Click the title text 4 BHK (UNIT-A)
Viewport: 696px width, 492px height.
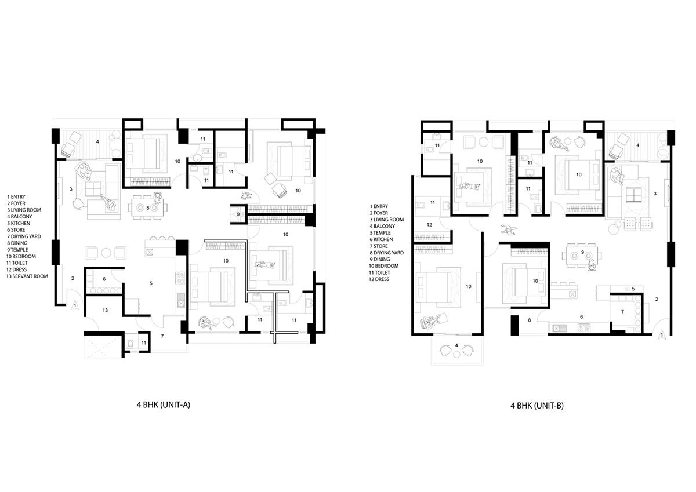pos(163,406)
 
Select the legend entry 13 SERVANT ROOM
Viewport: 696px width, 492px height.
pos(28,276)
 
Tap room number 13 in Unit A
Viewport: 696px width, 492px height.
pos(104,311)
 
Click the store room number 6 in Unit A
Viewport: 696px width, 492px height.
pos(104,279)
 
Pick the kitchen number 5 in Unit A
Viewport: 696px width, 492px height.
pos(151,283)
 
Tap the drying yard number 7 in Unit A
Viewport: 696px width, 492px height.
pos(162,336)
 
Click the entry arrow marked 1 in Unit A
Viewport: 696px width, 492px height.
pos(75,305)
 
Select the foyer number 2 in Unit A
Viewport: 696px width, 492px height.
pos(73,279)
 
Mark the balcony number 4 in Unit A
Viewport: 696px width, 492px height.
pos(97,141)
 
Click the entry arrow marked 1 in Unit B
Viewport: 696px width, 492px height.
pos(662,336)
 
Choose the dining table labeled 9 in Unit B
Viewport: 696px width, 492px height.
pos(582,253)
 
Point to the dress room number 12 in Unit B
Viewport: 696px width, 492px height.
pos(430,224)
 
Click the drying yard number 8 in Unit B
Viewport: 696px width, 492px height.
pos(530,320)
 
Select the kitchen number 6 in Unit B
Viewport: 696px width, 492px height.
pos(581,317)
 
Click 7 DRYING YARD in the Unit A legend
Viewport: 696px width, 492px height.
pos(27,236)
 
